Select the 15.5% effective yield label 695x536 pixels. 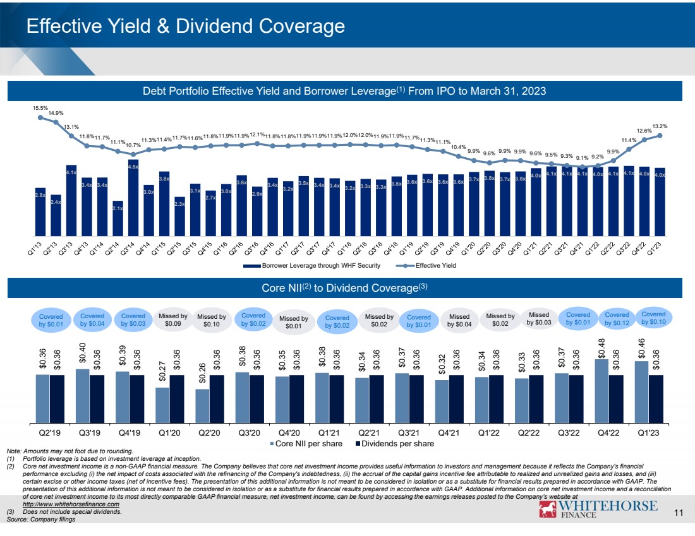tap(40, 109)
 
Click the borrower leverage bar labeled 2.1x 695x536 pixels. tap(118, 218)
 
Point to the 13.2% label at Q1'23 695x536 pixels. tap(660, 126)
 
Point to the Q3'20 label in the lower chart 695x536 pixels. tap(249, 433)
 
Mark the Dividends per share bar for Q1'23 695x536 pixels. tap(655, 399)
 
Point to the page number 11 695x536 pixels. tap(679, 513)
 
